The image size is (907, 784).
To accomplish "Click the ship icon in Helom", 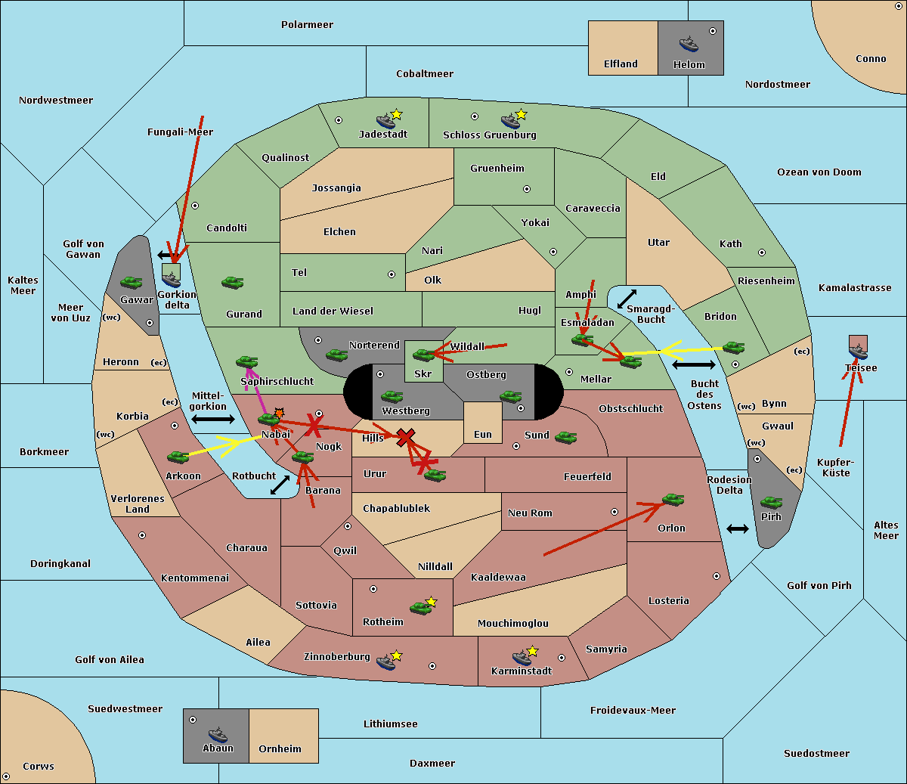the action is [689, 45].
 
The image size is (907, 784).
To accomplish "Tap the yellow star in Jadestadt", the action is [396, 115].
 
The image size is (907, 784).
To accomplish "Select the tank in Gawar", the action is [132, 282].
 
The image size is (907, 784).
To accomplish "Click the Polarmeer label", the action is [307, 25].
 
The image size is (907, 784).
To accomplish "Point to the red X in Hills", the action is [405, 438].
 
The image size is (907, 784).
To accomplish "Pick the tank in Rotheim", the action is [420, 608].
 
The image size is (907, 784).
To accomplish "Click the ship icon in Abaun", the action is [218, 734].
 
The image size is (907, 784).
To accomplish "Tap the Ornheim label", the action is [280, 748].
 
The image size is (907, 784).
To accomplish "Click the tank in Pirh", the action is [771, 502].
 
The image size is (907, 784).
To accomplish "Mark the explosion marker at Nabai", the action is [279, 413].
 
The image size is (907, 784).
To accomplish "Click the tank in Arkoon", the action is [178, 457].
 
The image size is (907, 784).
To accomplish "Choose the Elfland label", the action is [621, 64].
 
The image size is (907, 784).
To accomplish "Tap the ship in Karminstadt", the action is [522, 657].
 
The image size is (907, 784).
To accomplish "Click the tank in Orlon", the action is [673, 500].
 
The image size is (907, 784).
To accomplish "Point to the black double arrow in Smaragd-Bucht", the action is [627, 299].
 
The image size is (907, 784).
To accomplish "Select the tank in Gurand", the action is [233, 282].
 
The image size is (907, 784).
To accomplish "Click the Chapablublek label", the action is [396, 508].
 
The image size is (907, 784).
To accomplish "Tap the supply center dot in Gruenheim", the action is [527, 189].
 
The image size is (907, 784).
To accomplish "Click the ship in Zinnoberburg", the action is [386, 662].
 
